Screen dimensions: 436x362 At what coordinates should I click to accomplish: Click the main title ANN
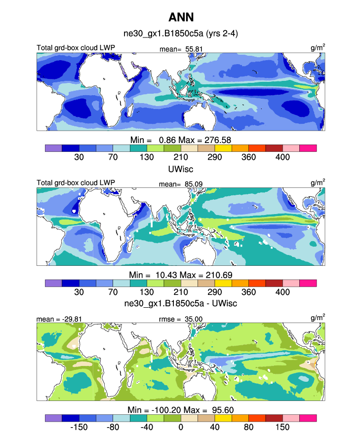click(181, 17)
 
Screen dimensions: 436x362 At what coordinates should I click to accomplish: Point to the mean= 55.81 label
click(182, 49)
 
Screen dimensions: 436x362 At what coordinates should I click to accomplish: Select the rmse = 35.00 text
click(182, 320)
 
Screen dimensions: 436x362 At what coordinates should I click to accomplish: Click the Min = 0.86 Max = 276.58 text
click(181, 140)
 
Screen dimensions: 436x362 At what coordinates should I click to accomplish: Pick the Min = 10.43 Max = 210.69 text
click(181, 275)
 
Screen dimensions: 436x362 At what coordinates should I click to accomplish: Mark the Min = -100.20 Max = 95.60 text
click(181, 410)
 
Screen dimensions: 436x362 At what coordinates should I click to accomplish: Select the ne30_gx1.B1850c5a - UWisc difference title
click(181, 303)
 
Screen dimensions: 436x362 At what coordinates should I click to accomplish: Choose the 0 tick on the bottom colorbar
click(181, 427)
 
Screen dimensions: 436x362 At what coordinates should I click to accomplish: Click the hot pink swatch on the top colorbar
click(308, 148)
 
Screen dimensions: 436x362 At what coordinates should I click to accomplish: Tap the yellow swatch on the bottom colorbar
click(223, 418)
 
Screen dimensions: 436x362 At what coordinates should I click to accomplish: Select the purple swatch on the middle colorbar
click(53, 283)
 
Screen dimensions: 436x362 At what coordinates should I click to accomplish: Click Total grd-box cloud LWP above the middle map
click(76, 183)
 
